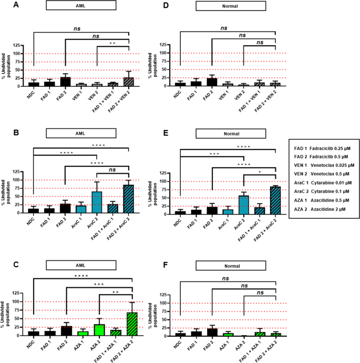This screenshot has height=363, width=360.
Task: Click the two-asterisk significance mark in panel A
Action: tap(112, 43)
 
